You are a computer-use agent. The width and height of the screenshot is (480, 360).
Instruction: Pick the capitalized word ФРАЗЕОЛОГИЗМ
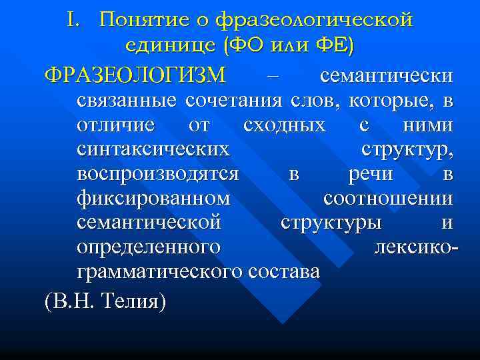(136, 75)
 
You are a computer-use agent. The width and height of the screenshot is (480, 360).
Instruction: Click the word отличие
(116, 125)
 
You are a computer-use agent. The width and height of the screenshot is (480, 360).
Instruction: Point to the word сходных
(285, 125)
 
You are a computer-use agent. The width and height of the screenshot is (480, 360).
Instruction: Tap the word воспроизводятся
(158, 174)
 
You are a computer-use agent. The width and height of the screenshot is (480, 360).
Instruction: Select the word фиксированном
(154, 199)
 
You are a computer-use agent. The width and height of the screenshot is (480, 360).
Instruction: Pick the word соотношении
(388, 199)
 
